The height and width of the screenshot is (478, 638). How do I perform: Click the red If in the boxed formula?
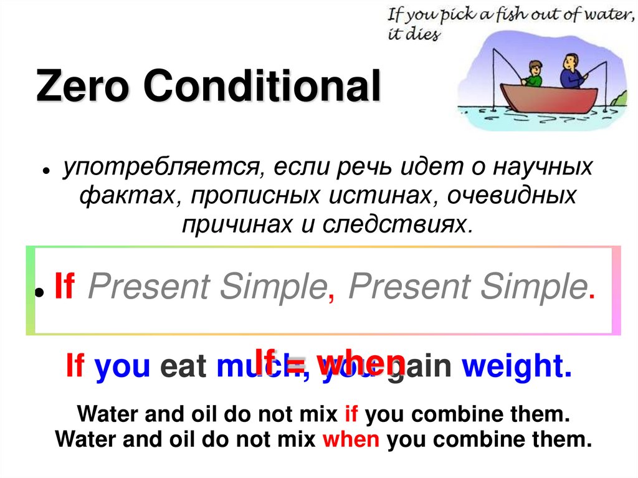pyautogui.click(x=64, y=287)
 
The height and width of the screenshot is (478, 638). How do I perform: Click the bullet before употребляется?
pyautogui.click(x=47, y=172)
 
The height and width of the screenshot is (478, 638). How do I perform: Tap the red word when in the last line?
pyautogui.click(x=351, y=439)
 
